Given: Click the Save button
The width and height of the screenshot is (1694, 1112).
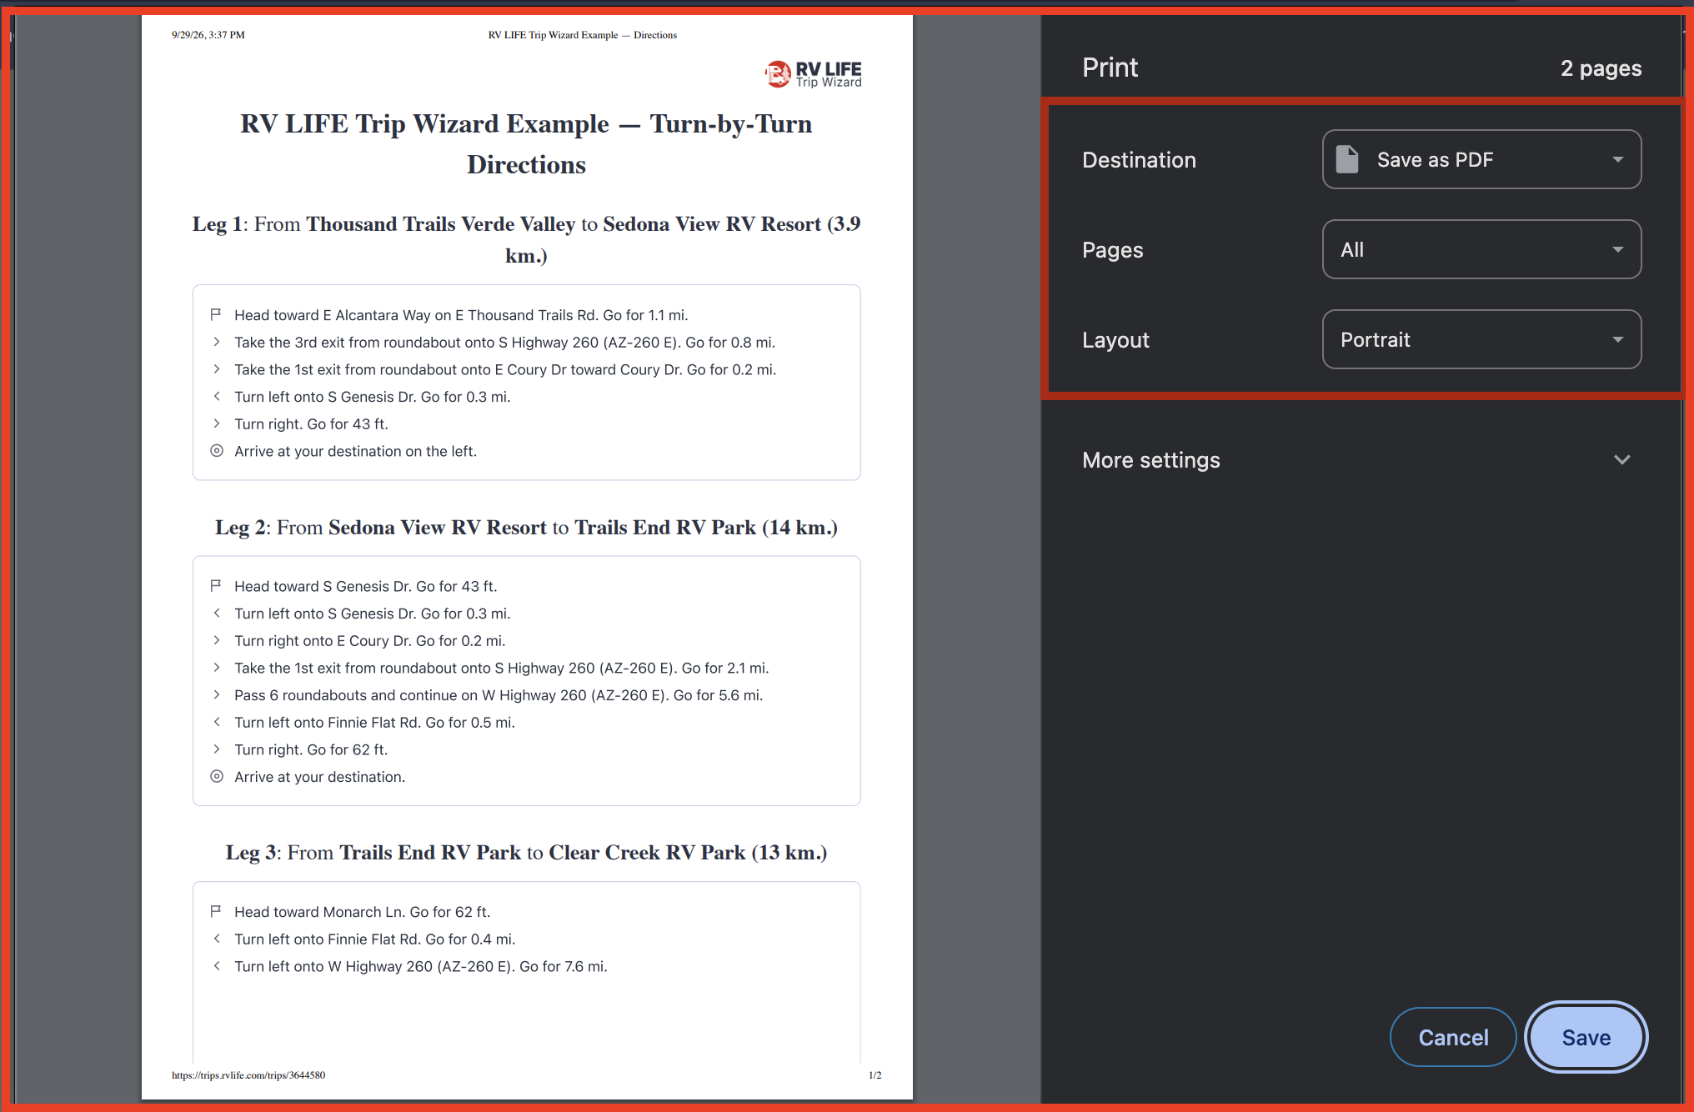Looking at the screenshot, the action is point(1586,1037).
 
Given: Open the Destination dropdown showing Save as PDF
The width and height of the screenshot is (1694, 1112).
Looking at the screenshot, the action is point(1481,159).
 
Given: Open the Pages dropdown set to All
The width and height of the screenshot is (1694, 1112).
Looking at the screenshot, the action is point(1481,249).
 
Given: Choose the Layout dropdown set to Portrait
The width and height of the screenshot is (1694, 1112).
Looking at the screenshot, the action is point(1481,339).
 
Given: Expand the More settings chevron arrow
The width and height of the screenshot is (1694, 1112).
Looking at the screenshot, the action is point(1621,459).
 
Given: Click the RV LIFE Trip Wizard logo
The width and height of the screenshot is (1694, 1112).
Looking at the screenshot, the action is point(813,74).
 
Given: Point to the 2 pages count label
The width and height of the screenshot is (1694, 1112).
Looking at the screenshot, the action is point(1601,68).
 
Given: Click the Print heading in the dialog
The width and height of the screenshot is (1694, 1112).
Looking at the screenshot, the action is point(1110,68).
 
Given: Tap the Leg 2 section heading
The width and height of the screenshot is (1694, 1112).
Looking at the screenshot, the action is point(526,528).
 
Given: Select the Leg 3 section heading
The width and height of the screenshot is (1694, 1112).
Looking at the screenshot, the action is point(526,853).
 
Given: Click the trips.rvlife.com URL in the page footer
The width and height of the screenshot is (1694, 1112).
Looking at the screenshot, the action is point(248,1075).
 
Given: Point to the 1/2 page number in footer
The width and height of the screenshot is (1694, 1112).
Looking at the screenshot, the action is point(875,1075).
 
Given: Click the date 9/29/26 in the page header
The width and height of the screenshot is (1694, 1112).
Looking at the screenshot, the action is point(188,35).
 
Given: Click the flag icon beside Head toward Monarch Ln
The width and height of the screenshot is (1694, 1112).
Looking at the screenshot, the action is point(216,911).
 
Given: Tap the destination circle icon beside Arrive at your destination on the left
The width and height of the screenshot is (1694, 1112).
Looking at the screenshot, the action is point(217,451).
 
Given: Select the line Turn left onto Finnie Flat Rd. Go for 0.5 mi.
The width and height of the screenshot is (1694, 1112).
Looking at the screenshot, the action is point(374,723).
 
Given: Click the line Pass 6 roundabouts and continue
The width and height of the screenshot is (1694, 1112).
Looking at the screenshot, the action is point(499,695).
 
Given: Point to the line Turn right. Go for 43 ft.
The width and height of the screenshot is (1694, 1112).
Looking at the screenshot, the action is point(311,424).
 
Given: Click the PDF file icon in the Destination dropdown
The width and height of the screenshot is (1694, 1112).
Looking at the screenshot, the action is point(1347,159).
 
